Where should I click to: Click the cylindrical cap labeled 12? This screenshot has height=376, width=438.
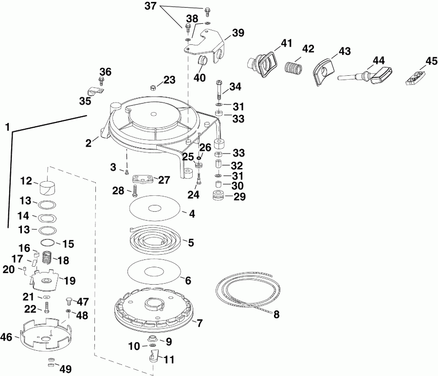(47, 187)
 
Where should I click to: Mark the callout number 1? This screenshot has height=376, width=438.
(7, 127)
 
